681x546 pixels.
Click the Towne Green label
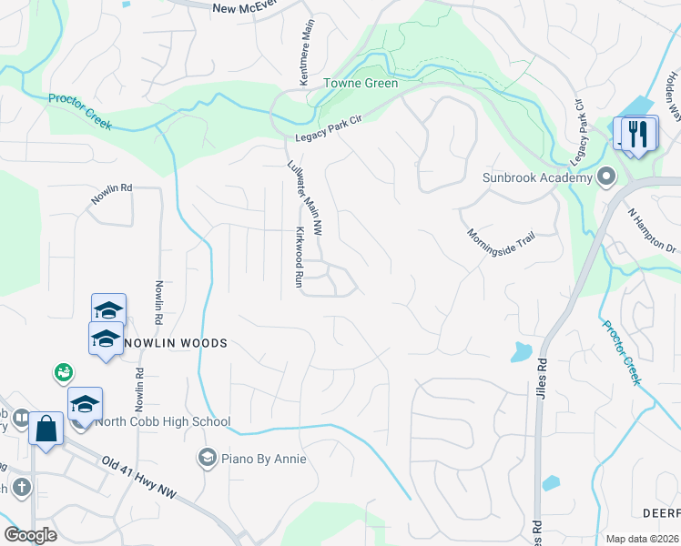pyautogui.click(x=361, y=83)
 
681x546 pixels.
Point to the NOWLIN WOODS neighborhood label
pyautogui.click(x=174, y=343)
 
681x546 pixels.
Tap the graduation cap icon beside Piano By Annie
pyautogui.click(x=207, y=457)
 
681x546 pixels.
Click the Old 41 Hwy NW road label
pyautogui.click(x=138, y=479)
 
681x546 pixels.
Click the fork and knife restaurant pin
pyautogui.click(x=637, y=135)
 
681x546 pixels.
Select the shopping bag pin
pyautogui.click(x=46, y=428)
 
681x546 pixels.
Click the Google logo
pyautogui.click(x=30, y=534)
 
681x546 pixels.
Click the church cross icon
pyautogui.click(x=22, y=488)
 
